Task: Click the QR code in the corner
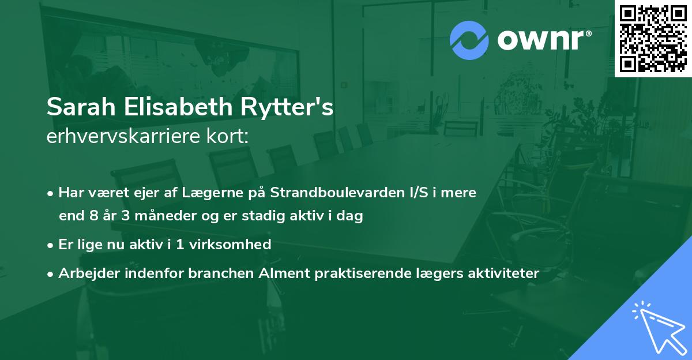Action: click(x=653, y=39)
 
